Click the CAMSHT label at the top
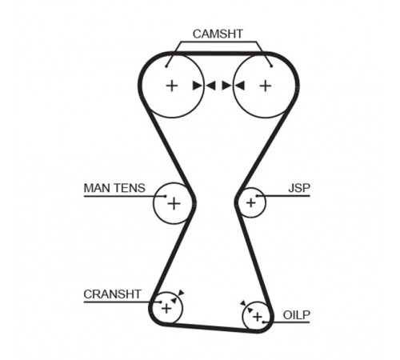tap(218, 34)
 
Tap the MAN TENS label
tap(114, 188)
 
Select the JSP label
tap(299, 188)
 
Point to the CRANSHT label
tap(112, 294)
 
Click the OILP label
tap(297, 315)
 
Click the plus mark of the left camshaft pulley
tap(172, 86)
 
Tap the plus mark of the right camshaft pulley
tap(266, 86)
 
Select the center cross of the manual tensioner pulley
tap(174, 204)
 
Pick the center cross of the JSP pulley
tap(250, 203)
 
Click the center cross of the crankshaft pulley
tap(166, 309)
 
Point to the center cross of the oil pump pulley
tap(258, 317)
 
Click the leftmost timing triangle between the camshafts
tap(198, 86)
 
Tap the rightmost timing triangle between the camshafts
tap(239, 86)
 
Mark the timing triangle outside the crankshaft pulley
tap(181, 293)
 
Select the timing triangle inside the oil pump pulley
tap(250, 310)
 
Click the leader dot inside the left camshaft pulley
tap(166, 66)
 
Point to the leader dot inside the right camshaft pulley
tap(271, 66)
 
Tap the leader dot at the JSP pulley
tap(258, 196)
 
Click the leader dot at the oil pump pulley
tap(263, 322)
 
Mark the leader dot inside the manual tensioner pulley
tap(165, 196)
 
